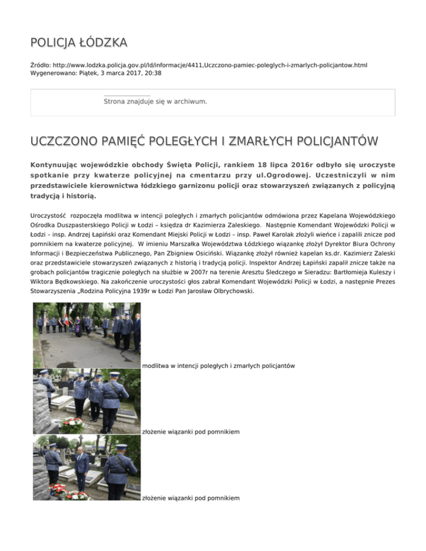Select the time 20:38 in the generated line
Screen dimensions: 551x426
coord(153,73)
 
